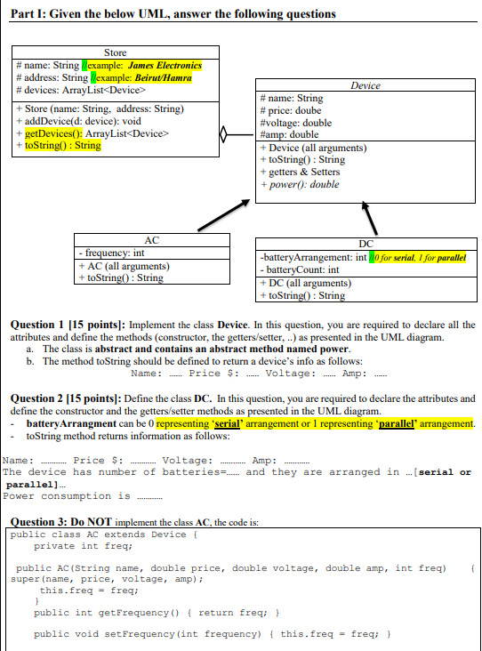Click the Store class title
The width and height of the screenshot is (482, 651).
pos(115,53)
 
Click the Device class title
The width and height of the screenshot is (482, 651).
pos(366,85)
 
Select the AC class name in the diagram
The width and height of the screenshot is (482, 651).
pos(150,240)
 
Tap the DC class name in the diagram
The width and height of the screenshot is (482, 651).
pos(366,244)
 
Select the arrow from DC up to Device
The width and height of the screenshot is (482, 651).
pos(372,217)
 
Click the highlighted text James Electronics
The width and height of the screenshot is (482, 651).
pos(164,66)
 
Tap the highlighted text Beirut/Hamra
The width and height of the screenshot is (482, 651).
pos(162,77)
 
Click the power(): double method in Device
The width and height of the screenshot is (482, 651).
pos(300,185)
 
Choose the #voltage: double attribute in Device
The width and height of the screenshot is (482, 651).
pos(294,123)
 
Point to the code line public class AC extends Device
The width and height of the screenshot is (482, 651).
pos(98,534)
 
